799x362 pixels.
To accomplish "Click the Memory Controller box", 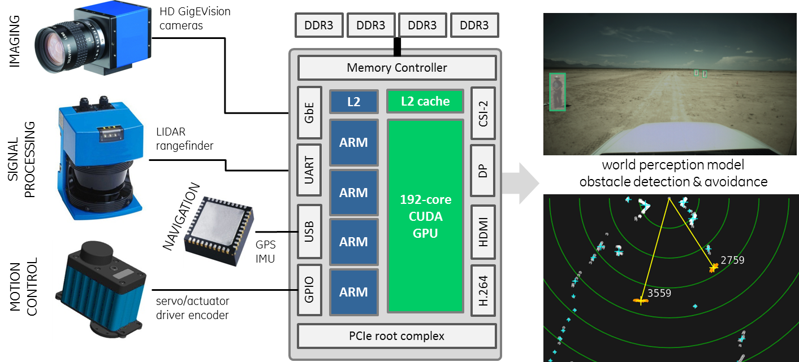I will (396, 68).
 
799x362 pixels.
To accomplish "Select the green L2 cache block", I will (425, 102).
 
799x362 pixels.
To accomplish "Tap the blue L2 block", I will (353, 102).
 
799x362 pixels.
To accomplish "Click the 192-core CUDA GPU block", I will (425, 216).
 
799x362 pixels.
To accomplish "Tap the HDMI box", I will (482, 232).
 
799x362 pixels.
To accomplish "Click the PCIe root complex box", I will (396, 336).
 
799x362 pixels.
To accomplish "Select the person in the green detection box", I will (558, 91).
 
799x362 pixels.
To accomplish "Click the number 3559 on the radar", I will (659, 293).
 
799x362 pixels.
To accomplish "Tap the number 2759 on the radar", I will (732, 260).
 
